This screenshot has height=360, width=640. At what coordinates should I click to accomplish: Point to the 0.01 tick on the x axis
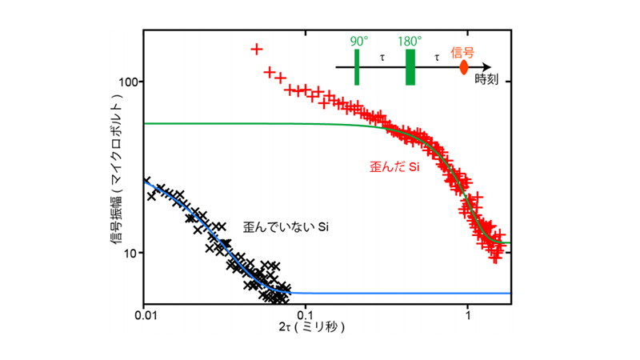144,315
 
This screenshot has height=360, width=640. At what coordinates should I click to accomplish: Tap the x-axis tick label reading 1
467,315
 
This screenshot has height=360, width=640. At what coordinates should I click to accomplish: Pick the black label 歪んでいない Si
287,227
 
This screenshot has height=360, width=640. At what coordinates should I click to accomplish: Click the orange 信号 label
463,52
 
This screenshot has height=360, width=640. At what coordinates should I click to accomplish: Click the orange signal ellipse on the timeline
463,67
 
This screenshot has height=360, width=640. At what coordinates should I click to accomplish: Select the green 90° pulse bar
357,66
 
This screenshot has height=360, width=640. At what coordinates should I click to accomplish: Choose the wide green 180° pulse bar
410,66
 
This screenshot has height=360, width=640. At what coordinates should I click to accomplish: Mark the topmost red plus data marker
256,49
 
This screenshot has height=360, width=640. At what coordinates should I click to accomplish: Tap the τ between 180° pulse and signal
436,58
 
